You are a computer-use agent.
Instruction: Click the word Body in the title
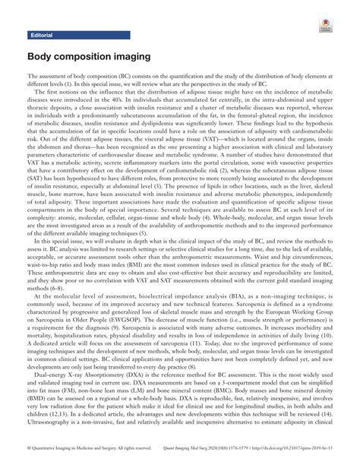click(x=43, y=57)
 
